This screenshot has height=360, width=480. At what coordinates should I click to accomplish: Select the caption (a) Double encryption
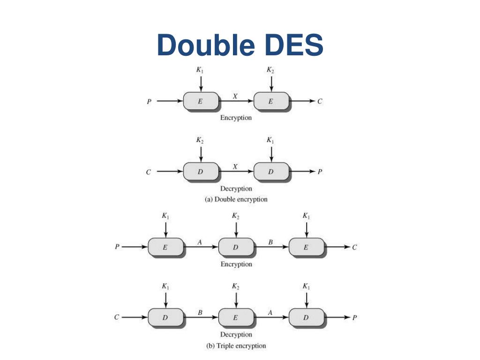click(x=236, y=199)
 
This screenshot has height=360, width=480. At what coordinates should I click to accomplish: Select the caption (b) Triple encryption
click(x=236, y=346)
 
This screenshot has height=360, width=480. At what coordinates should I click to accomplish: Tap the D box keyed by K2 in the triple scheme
click(x=236, y=247)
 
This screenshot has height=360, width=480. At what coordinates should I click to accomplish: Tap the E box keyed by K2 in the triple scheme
click(x=236, y=317)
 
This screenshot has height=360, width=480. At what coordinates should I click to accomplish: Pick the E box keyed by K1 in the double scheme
click(x=201, y=101)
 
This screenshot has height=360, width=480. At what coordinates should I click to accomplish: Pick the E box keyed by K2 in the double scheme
click(x=271, y=101)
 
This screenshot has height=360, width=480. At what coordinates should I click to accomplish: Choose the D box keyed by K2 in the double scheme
click(x=201, y=172)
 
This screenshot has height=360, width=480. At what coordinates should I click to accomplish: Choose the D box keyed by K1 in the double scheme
click(x=271, y=172)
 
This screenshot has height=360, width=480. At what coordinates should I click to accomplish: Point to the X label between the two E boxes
click(x=235, y=96)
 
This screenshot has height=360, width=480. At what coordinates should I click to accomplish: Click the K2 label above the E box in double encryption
click(x=270, y=70)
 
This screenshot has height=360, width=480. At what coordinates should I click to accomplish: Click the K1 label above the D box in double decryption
click(x=270, y=140)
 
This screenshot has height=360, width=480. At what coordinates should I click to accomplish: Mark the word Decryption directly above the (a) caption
click(x=236, y=189)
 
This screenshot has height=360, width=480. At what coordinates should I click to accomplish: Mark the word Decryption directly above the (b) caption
click(x=236, y=335)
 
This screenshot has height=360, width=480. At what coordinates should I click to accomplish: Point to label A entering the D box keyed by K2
click(x=200, y=242)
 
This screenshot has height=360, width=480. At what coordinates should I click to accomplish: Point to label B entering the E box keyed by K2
click(x=200, y=312)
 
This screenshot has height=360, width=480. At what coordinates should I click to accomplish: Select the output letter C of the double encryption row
click(x=320, y=101)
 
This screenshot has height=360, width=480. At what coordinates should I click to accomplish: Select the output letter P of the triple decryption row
click(x=355, y=317)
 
